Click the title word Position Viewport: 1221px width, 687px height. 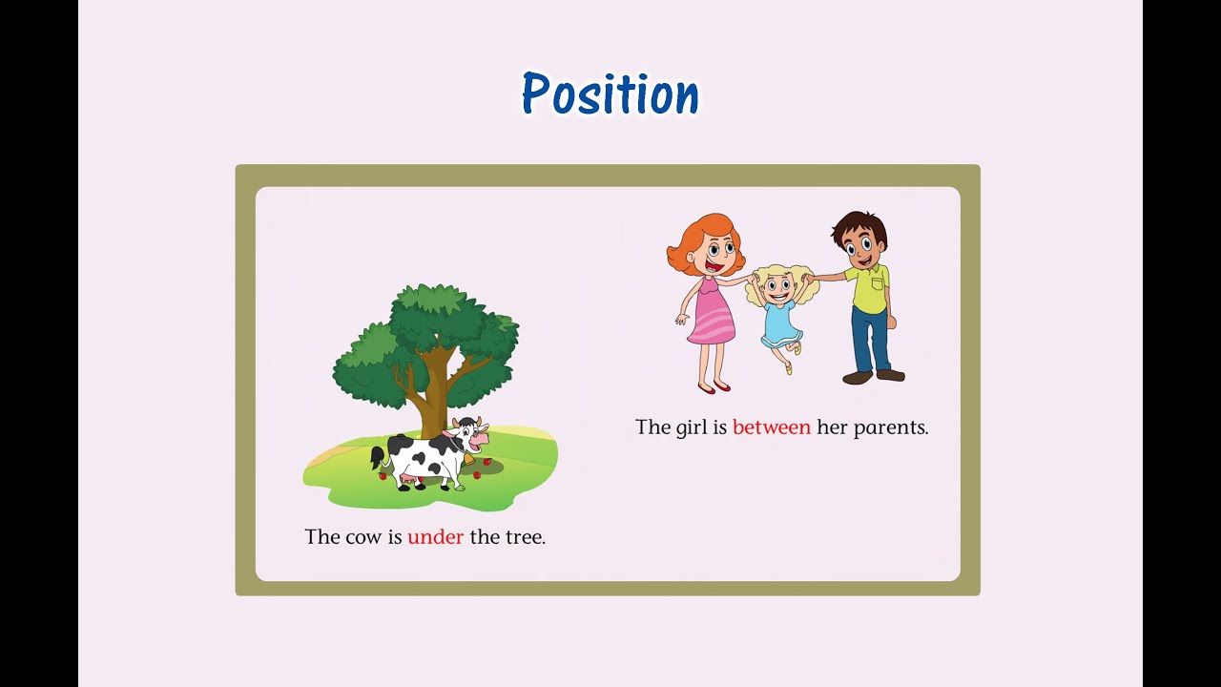tap(610, 94)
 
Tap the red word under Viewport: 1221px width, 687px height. tap(435, 537)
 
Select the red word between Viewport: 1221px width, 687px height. tap(771, 427)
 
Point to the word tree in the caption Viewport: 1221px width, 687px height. tap(523, 537)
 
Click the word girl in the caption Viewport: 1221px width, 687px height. tap(692, 427)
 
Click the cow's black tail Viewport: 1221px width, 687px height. tap(377, 457)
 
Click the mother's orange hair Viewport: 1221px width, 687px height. tap(690, 239)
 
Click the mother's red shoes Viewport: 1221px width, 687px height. tap(714, 387)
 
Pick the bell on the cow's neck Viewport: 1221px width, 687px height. tap(467, 459)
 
